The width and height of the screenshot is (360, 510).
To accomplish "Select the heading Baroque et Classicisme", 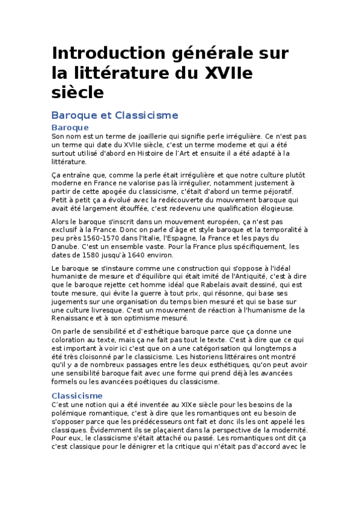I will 115,114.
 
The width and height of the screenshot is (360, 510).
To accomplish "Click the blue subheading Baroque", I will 70,127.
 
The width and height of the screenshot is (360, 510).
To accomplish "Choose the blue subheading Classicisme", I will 77,396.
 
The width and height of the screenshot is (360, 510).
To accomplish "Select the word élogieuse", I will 273,208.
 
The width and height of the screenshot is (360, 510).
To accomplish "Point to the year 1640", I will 138,255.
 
